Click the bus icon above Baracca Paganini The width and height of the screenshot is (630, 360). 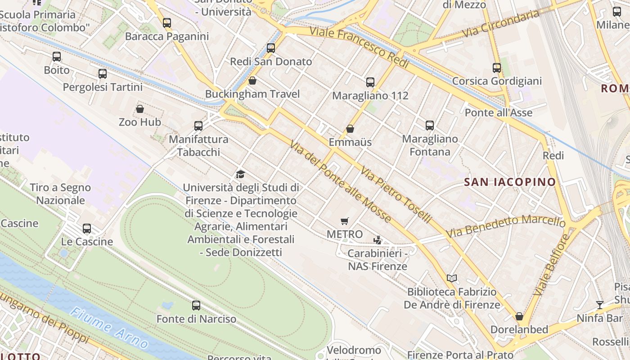[x=167, y=22]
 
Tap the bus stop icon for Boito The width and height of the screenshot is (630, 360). [x=57, y=57]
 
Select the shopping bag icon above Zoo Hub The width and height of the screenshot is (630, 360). [x=140, y=109]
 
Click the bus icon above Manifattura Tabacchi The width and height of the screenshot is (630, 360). [x=198, y=126]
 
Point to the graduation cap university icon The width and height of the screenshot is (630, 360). [x=240, y=174]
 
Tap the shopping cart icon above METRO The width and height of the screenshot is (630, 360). [x=345, y=221]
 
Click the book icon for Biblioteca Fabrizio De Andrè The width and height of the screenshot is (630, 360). [x=451, y=279]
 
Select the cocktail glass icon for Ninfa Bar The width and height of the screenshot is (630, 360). [x=599, y=305]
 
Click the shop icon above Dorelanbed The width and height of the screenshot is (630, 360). [x=519, y=316]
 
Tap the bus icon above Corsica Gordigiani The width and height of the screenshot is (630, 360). [x=497, y=68]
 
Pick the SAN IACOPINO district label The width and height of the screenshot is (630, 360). [x=510, y=182]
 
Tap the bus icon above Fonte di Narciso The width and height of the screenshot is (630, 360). [x=196, y=306]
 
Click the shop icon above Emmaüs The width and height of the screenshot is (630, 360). [x=350, y=129]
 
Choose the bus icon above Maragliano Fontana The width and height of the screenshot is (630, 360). [x=430, y=126]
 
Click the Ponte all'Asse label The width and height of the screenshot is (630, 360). [x=499, y=112]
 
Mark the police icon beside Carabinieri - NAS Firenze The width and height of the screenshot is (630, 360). [x=378, y=240]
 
